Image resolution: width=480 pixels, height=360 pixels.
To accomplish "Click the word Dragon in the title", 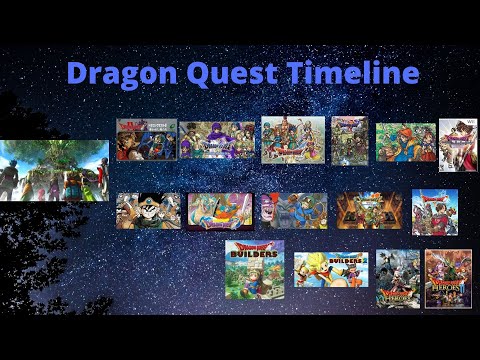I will coord(121,74).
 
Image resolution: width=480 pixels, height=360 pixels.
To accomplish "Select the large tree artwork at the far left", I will coord(54,170).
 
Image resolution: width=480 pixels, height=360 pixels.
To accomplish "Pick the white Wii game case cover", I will coord(458,146).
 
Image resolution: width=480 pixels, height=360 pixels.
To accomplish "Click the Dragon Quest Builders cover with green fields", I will coord(254,268).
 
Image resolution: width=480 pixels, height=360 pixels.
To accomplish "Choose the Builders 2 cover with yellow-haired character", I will coord(327,274).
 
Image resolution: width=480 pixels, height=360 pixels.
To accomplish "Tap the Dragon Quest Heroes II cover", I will coord(448,279).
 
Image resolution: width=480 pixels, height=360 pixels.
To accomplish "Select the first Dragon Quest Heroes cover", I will coord(397,279).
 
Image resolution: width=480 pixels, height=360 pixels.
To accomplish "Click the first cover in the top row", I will coord(146,139).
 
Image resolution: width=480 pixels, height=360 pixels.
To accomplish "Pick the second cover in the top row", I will coord(217,141).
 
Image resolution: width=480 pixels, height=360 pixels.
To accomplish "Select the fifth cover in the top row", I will coord(405,142).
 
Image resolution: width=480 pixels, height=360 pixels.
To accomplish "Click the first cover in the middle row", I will coord(148,211).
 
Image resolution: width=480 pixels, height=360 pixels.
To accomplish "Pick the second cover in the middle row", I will coord(217,212).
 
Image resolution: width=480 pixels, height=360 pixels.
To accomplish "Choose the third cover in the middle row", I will coord(292,211).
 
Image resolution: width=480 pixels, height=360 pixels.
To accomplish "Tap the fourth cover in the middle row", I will coord(368,211).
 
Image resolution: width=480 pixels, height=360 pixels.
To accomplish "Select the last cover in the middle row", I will coord(435,212).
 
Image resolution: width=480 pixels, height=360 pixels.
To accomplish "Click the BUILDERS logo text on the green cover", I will coord(254,256).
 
